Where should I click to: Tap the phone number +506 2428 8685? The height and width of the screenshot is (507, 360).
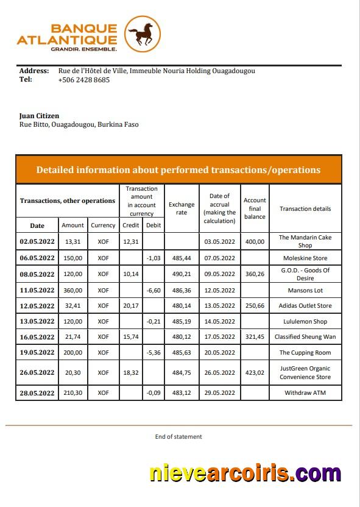[84, 80]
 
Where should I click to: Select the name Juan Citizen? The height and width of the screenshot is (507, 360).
[40, 116]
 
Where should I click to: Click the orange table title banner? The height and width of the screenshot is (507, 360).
[178, 169]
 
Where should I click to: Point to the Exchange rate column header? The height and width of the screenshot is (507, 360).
[182, 208]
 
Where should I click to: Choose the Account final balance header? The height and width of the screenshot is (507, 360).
[255, 208]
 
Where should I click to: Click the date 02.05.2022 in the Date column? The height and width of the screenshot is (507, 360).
[37, 241]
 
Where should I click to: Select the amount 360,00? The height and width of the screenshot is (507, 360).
[72, 290]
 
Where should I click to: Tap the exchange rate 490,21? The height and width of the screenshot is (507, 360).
[182, 274]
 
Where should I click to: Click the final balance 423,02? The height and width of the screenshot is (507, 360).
[255, 372]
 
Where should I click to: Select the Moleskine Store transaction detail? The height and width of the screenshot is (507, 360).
[305, 258]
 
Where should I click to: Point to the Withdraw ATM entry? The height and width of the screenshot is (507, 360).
[305, 393]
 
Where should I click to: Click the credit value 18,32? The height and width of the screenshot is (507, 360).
[131, 372]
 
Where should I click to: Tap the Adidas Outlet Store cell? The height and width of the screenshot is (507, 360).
[305, 306]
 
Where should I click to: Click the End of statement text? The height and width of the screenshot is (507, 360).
[178, 436]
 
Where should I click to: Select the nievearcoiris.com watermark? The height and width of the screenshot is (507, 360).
[245, 473]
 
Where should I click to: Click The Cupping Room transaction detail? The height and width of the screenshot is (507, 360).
[305, 352]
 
